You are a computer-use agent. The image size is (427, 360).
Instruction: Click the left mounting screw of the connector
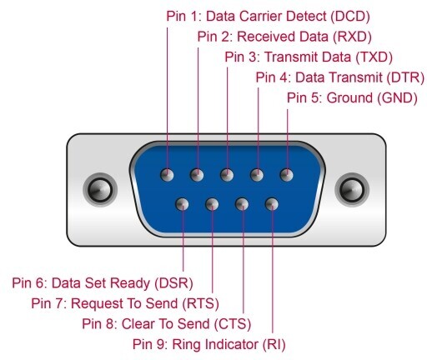100,190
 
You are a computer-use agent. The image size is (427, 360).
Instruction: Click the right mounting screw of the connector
352,190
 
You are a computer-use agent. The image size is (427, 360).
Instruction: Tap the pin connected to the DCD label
167,175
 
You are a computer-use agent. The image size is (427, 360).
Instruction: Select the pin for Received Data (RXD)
197,175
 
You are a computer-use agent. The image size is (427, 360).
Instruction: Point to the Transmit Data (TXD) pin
227,175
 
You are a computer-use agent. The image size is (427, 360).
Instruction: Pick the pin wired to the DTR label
257,175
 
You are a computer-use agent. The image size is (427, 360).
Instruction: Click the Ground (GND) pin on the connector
287,175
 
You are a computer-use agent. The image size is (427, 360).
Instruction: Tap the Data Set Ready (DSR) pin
182,204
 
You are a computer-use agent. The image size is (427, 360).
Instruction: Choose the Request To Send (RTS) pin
212,204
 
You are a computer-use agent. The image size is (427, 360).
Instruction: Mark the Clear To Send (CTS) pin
242,204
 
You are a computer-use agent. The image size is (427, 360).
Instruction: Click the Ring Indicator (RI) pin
272,204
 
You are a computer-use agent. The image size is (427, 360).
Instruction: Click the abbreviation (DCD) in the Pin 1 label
350,17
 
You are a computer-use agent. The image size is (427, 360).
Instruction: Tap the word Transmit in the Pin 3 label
291,57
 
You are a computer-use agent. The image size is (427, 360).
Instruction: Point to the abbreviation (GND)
397,97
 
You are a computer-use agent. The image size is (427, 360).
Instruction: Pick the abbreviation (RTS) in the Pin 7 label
201,303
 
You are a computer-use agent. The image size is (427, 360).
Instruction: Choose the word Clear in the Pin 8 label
138,324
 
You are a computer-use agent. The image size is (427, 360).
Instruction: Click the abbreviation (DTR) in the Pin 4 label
405,77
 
